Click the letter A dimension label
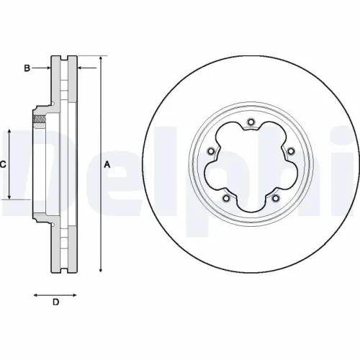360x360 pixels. click(107, 164)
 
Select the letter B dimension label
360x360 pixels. click(27, 68)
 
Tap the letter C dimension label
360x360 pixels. click(4, 164)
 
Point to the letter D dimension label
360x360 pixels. click(55, 302)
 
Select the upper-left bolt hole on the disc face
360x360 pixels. click(210, 151)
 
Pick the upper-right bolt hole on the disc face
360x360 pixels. click(290, 151)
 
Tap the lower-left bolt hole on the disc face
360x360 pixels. click(225, 199)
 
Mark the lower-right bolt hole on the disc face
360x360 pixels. click(275, 199)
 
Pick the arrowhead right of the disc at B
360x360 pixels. click(79, 68)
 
